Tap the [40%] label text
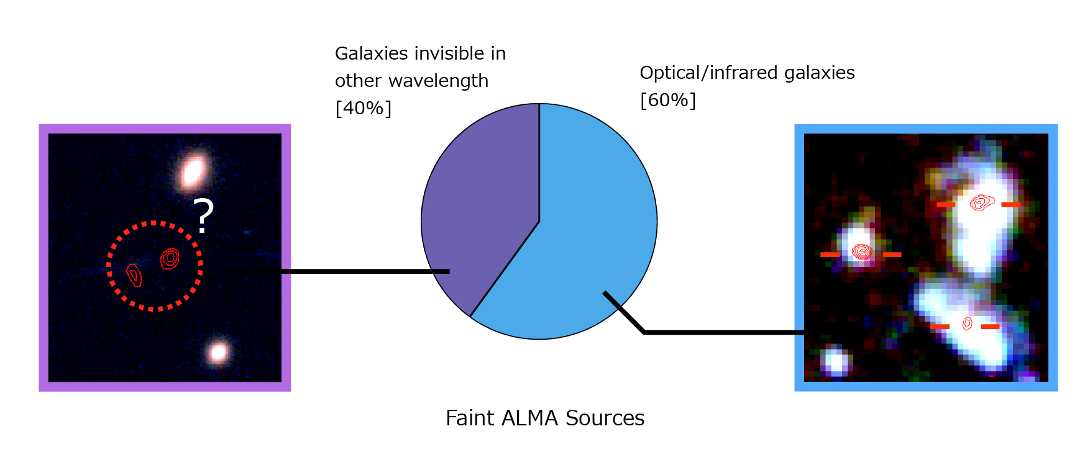click(x=364, y=108)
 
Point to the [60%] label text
click(x=668, y=100)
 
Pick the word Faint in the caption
click(x=470, y=418)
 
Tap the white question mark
click(x=203, y=215)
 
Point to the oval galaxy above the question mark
click(x=193, y=171)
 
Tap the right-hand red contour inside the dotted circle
click(x=170, y=258)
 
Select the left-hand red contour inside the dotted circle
click(x=134, y=274)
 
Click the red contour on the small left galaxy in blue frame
click(x=862, y=251)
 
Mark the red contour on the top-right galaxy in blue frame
click(x=982, y=202)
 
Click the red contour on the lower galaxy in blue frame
click(x=967, y=324)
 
